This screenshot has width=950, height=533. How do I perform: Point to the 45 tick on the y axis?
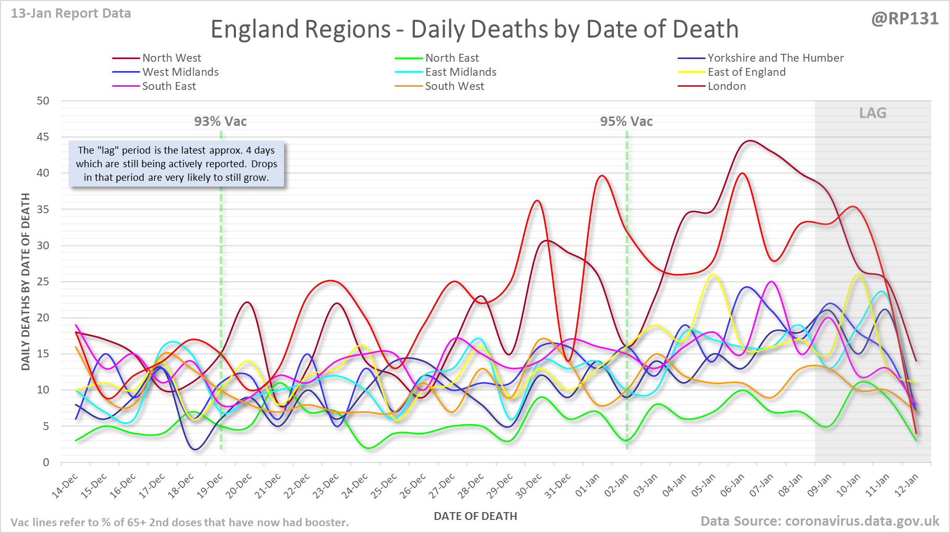43,137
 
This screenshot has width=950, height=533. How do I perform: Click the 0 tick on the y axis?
46,462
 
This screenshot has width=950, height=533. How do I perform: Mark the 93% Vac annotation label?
220,122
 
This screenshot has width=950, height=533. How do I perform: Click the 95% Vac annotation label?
626,122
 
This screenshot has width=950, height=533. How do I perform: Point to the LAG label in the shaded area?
873,113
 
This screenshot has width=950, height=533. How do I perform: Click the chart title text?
474,29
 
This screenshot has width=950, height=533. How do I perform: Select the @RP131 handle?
904,19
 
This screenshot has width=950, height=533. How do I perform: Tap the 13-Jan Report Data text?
71,14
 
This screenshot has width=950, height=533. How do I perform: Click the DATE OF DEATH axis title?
475,516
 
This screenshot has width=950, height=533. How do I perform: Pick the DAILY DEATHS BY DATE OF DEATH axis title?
26,282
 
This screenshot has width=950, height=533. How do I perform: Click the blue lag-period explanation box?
176,164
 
